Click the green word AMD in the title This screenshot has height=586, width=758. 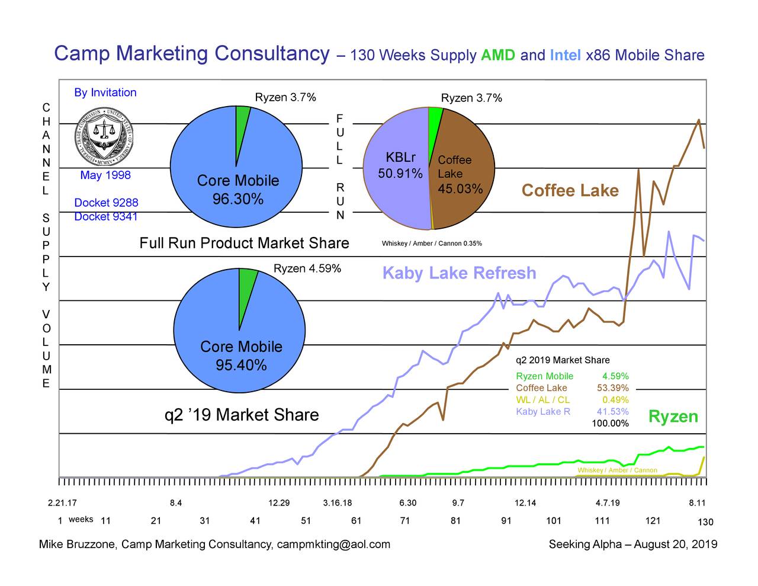(x=497, y=56)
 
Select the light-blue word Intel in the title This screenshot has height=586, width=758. (x=565, y=56)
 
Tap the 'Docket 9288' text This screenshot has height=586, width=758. (x=106, y=203)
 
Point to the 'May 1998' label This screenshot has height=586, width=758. (x=105, y=175)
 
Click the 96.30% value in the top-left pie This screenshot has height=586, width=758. (x=238, y=199)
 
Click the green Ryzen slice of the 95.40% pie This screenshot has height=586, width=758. (x=247, y=290)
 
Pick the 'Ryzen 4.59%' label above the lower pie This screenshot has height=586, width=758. (x=307, y=269)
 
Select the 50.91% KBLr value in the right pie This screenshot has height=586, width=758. (x=400, y=174)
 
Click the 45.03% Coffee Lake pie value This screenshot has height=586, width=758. (x=460, y=189)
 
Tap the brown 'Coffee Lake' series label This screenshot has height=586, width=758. (x=570, y=191)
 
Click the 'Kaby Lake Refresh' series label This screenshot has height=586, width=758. (x=459, y=273)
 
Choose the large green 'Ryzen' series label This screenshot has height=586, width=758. (x=673, y=417)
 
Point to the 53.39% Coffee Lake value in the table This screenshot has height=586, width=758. (x=612, y=388)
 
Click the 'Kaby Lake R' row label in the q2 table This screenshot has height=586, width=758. (x=543, y=412)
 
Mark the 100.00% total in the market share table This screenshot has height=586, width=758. (x=610, y=423)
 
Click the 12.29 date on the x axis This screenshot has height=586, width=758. (x=279, y=504)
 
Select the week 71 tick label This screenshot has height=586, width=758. (x=405, y=521)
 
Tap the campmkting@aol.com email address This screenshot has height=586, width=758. (x=333, y=545)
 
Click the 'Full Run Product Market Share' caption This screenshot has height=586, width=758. (x=244, y=244)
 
